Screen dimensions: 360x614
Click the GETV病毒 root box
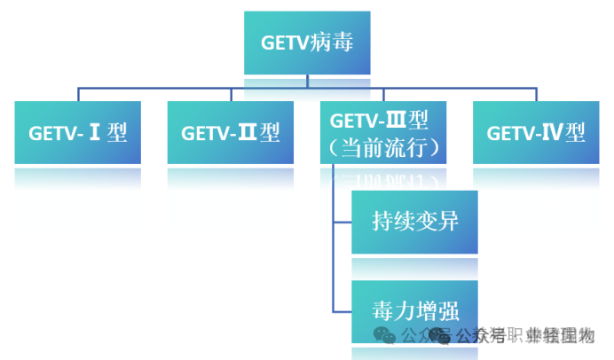coord(308,43)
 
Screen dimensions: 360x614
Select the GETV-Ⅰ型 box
coord(78,133)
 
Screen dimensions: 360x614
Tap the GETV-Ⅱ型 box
coord(231,133)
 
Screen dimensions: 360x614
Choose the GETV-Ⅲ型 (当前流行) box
coord(383,133)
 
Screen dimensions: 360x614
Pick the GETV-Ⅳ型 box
coord(536,133)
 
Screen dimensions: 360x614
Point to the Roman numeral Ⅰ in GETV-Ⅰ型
coord(96,133)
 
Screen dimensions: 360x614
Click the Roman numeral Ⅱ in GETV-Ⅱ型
coord(248,133)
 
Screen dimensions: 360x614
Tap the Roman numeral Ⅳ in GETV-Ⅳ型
coord(554,133)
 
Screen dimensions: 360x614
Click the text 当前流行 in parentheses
coord(383,146)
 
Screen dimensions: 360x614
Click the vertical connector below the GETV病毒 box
coord(308,81)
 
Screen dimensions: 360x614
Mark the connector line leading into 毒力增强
coord(342,311)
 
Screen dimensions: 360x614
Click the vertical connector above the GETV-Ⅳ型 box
coord(536,94)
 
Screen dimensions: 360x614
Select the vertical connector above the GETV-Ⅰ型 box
coord(78,94)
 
